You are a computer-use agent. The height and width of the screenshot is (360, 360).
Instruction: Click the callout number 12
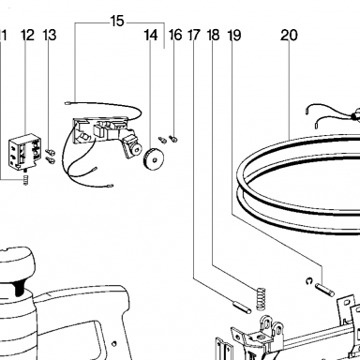(27, 35)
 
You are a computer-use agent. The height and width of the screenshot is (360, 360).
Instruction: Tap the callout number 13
(50, 35)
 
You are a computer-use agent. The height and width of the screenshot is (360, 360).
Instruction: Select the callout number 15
(117, 22)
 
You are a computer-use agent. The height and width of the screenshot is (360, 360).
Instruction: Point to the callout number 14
(151, 35)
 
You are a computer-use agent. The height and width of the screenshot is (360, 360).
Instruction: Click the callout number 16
(175, 35)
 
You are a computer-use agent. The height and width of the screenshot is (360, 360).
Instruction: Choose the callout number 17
(194, 35)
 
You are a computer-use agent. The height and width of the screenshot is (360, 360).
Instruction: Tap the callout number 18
(214, 35)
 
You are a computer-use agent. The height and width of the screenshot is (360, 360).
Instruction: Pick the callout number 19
(234, 35)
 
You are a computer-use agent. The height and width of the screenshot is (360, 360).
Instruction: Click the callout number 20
(289, 35)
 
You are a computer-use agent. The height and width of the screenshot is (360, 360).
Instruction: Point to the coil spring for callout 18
(262, 298)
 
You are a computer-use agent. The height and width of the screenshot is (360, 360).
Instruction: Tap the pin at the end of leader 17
(242, 307)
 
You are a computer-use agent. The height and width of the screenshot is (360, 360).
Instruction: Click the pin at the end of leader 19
(325, 290)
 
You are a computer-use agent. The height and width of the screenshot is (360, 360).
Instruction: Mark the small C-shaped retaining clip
(309, 281)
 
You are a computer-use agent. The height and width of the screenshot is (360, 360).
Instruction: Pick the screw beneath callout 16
(173, 138)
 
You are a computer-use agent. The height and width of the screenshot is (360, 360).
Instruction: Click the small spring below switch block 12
(26, 180)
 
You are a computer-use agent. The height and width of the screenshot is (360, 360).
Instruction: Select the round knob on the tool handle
(16, 262)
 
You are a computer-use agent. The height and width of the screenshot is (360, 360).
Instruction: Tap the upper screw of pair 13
(51, 152)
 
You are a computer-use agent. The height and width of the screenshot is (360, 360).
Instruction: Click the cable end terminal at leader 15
(67, 103)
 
